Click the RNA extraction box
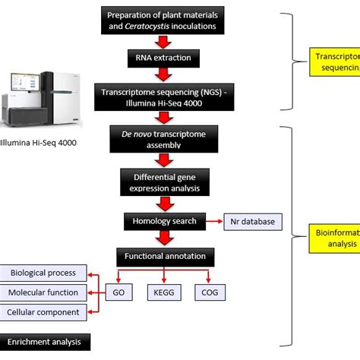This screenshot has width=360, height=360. pos(164,56)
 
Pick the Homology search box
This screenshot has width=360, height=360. pos(164,222)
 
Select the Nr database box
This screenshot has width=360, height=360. pos(252,222)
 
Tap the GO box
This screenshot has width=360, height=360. pos(119,292)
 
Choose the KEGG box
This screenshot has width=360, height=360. pos(165,292)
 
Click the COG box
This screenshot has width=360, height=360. pos(210,292)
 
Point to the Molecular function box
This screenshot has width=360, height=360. pos(44,292)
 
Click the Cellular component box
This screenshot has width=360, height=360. pos(44,311)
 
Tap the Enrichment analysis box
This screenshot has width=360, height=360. pos(46,343)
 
